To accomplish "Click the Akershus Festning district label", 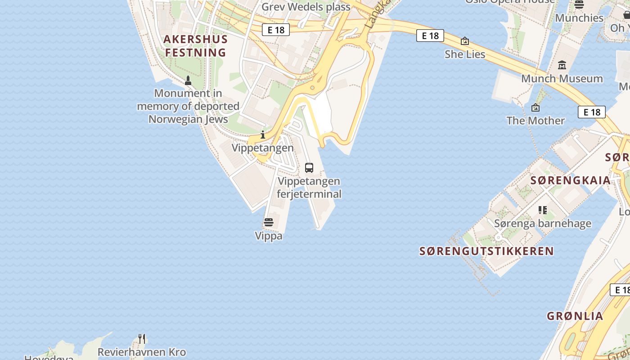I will coord(195,46).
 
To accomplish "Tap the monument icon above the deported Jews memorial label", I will coord(188,81).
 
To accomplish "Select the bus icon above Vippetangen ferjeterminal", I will coord(309,168).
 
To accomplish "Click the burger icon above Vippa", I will coord(269,222).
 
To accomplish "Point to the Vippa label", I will coord(269,236).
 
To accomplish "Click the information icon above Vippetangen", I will coord(263,135).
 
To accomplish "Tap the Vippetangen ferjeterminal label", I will coord(309,188).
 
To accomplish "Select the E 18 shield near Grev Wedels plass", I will coord(276,30).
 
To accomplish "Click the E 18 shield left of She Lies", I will coord(430,36).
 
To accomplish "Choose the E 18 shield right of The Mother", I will coord(592,112).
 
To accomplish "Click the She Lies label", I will coord(465,54).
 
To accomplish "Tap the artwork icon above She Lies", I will coord(465,41).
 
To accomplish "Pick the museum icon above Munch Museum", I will coord(562,65).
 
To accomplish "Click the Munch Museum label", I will coord(562,79).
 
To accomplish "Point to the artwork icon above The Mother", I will coord(535,108).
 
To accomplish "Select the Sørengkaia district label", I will coord(571,180).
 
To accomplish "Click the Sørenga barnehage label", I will coord(543,224).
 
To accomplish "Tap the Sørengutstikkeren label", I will coord(486,251).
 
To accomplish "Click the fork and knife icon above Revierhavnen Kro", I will coord(142,338).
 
